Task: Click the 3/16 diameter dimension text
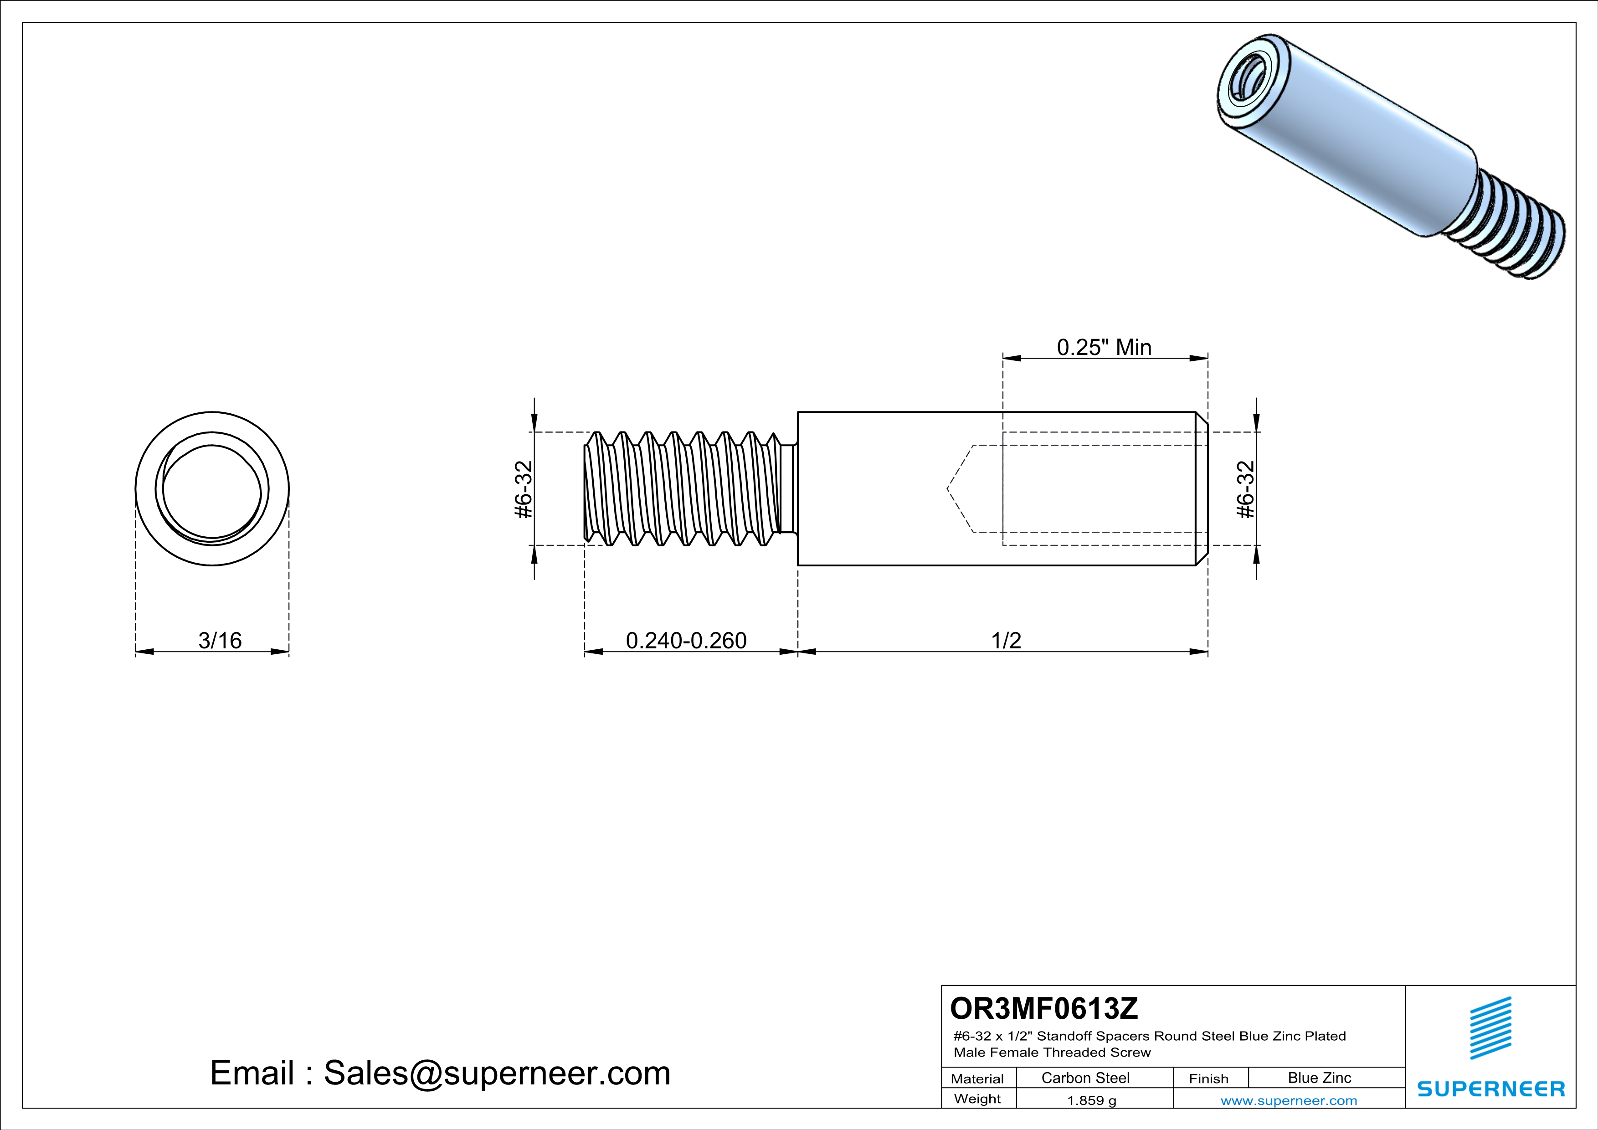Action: tap(220, 640)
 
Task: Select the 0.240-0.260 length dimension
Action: tap(686, 640)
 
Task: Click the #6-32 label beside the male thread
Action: tap(524, 489)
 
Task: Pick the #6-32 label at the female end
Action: tap(1245, 489)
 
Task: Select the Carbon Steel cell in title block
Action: tap(1085, 1078)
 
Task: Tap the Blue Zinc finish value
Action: tap(1319, 1078)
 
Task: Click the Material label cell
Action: tap(977, 1079)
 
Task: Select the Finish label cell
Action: tap(1208, 1079)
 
